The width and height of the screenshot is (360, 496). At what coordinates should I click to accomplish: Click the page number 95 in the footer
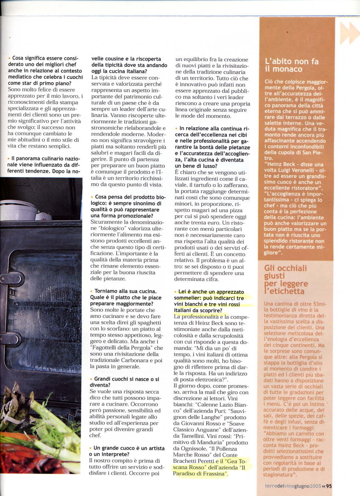pos(329,486)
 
